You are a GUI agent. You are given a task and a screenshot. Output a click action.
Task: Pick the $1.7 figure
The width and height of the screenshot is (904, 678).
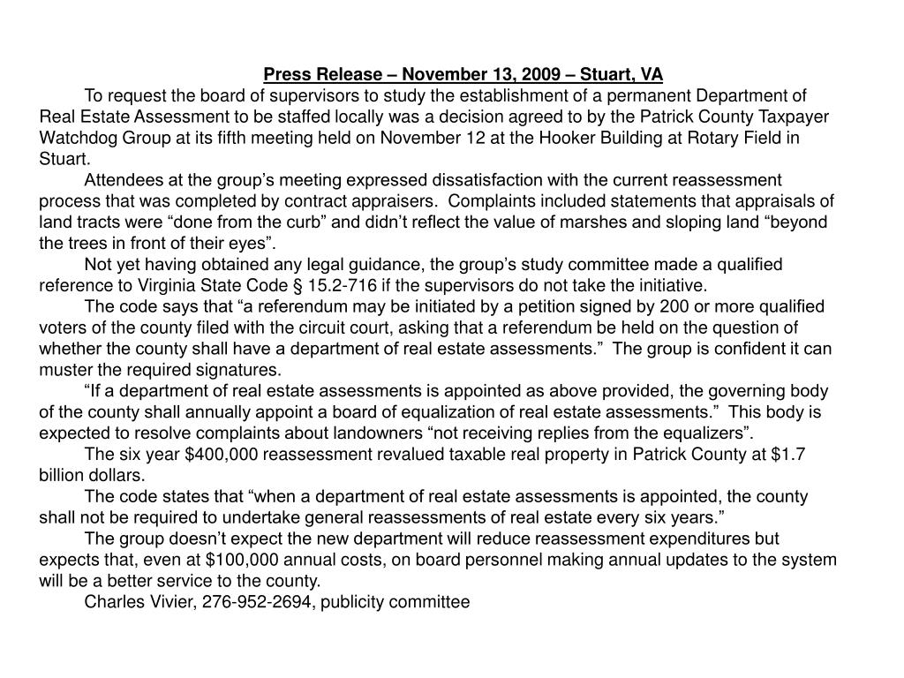pos(786,454)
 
